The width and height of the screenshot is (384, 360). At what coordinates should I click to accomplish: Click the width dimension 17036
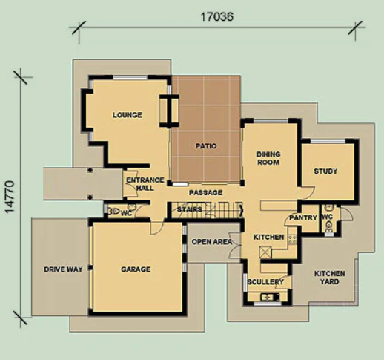click(x=216, y=17)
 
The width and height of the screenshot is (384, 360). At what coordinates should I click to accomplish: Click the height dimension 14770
click(x=10, y=197)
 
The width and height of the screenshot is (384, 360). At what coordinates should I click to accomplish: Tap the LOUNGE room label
click(x=128, y=115)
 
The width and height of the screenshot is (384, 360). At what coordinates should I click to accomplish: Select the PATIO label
click(x=206, y=146)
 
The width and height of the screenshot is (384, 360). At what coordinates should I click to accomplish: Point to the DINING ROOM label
click(x=268, y=158)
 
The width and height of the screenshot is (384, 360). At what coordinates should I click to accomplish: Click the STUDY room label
click(x=325, y=171)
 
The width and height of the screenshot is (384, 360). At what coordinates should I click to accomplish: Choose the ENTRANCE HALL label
click(x=145, y=184)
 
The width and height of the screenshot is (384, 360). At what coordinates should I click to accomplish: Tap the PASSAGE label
click(x=205, y=192)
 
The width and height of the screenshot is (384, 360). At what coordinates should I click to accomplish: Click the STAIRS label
click(x=190, y=209)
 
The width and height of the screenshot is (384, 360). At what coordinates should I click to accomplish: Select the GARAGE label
click(x=136, y=269)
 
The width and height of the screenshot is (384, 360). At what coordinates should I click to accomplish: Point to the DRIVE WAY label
click(x=63, y=269)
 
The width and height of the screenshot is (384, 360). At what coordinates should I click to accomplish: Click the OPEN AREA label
click(x=212, y=242)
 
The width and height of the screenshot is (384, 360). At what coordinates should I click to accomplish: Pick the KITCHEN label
click(x=268, y=237)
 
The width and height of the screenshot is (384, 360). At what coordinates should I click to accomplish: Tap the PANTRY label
click(x=303, y=217)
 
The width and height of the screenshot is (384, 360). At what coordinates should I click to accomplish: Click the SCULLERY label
click(x=265, y=282)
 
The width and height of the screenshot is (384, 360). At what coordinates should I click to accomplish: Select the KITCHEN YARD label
click(x=329, y=278)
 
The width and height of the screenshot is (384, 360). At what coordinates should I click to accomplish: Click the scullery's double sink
click(x=270, y=297)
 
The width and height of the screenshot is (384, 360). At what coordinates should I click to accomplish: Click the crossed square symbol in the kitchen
click(x=265, y=252)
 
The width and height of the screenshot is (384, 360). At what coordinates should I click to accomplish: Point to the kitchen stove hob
click(x=292, y=239)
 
